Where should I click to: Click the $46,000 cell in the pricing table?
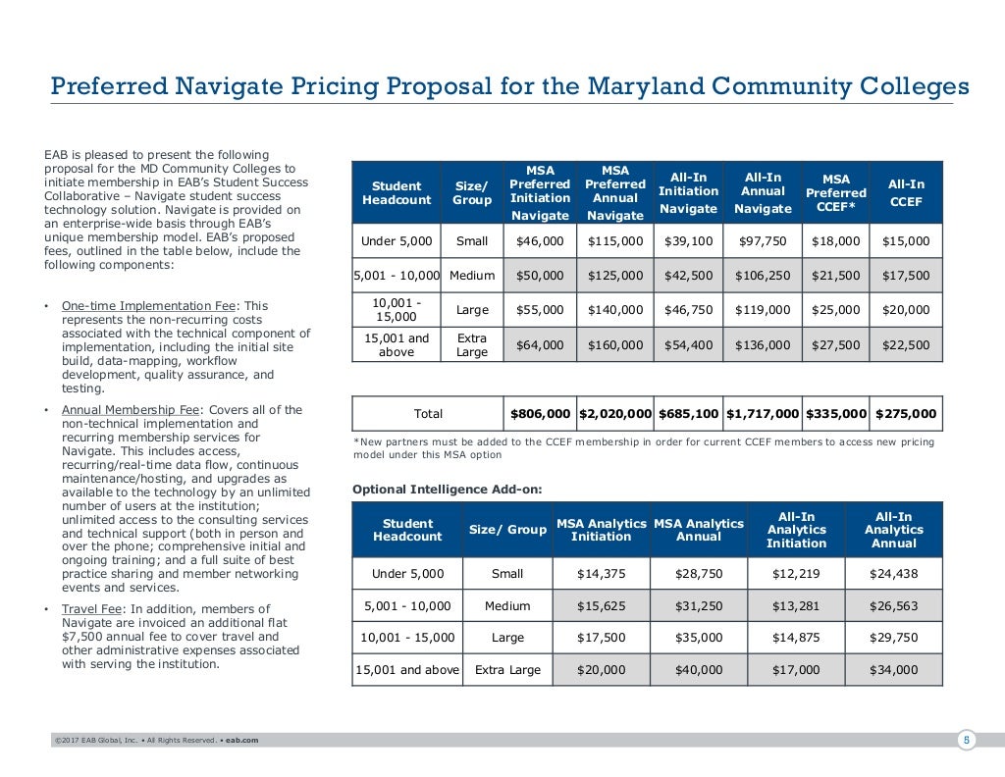click(x=540, y=241)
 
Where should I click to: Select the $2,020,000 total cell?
click(x=614, y=414)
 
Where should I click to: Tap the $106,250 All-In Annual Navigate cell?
click(x=762, y=276)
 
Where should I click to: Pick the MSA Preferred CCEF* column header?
click(x=836, y=192)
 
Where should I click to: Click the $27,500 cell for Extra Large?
click(x=836, y=344)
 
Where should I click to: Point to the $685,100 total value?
click(x=688, y=414)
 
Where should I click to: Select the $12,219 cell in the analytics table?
click(x=796, y=573)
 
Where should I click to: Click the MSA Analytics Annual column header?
click(x=699, y=530)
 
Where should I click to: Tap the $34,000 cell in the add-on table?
click(x=893, y=669)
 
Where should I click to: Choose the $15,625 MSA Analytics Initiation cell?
click(x=602, y=605)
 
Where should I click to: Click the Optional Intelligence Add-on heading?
click(x=448, y=490)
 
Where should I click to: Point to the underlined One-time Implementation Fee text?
click(x=149, y=305)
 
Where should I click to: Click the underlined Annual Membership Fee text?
click(x=131, y=409)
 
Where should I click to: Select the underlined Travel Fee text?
click(x=91, y=608)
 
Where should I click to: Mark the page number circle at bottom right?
click(x=967, y=741)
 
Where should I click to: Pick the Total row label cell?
click(x=428, y=414)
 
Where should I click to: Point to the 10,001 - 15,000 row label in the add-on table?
click(x=407, y=638)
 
